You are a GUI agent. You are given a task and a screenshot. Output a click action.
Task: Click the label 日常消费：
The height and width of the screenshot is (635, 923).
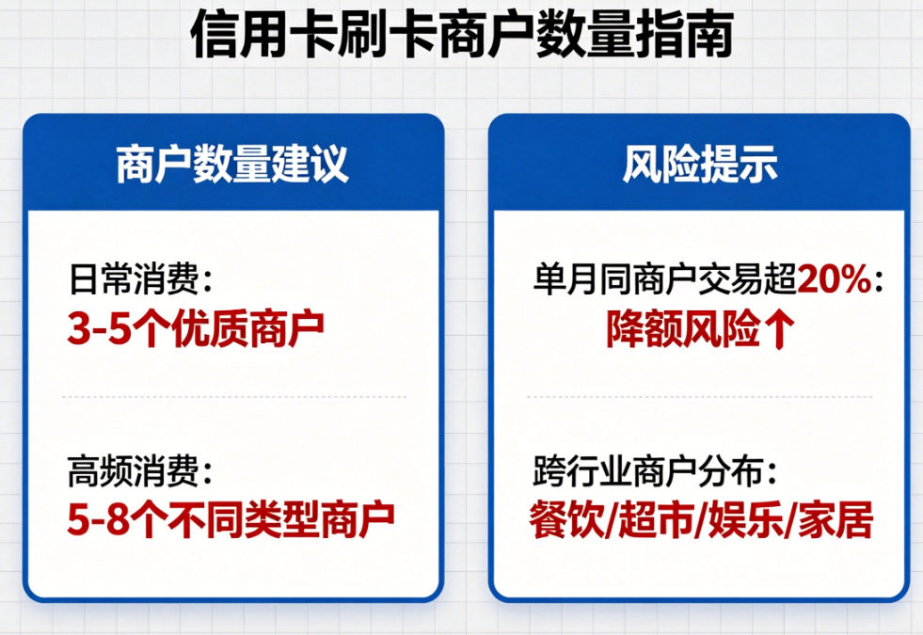click(x=141, y=279)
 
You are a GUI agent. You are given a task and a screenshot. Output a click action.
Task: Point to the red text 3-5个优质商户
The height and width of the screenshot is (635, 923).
click(x=196, y=326)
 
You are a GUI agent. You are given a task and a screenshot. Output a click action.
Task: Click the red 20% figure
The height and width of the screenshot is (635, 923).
click(x=833, y=279)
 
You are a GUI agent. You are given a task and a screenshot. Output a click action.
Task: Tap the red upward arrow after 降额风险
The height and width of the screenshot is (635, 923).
click(x=782, y=328)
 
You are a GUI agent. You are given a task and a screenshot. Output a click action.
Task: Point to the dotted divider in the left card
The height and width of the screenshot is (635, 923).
click(x=233, y=397)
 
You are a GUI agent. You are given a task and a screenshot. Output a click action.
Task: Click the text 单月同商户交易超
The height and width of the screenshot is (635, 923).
click(x=664, y=279)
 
